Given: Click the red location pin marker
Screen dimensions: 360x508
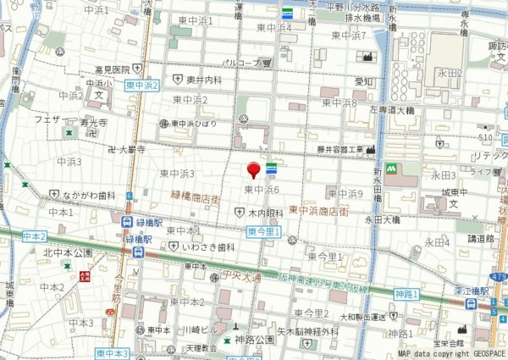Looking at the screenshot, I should (x=253, y=170).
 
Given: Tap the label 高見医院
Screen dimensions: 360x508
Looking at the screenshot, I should (x=112, y=69).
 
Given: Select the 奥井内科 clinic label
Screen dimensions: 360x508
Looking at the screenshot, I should (x=204, y=80).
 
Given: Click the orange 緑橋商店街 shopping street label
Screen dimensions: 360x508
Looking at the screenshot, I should (x=196, y=195).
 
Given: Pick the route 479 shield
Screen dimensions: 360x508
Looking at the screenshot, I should (x=498, y=276).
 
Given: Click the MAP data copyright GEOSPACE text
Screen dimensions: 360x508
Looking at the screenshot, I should (x=452, y=354).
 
